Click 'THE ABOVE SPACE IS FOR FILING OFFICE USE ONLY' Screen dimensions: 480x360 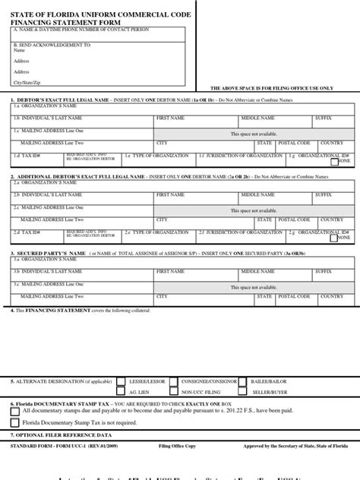pyautogui.click(x=271, y=88)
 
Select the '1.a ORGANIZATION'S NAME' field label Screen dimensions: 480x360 pyautogui.click(x=37, y=107)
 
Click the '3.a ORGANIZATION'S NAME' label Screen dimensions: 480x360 pyautogui.click(x=37, y=261)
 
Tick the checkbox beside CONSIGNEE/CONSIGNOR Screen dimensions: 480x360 pyautogui.click(x=174, y=381)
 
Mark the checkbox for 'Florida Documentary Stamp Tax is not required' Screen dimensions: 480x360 pyautogui.click(x=15, y=423)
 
